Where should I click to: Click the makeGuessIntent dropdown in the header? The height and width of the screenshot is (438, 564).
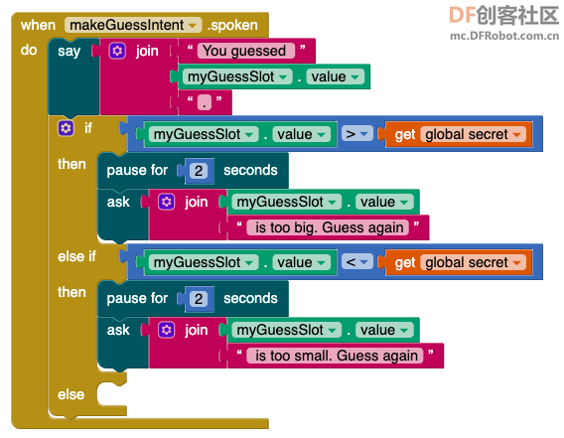point(133,25)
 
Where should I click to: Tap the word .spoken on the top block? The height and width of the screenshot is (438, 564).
point(232,25)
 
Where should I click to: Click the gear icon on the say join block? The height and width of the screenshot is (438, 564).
point(117,51)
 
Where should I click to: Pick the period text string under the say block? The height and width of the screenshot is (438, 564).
point(205,102)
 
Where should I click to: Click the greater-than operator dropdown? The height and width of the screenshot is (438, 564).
point(356,134)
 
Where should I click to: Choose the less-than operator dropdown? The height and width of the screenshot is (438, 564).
point(356,262)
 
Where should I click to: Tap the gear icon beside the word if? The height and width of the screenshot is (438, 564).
point(66,128)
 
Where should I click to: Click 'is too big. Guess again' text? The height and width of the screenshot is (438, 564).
point(328,227)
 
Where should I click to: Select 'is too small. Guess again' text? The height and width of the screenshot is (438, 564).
point(336,356)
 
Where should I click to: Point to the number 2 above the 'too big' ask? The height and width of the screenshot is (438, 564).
point(199,171)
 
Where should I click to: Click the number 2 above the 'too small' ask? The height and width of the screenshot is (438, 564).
point(199,299)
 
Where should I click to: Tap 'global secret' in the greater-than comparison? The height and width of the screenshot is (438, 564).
point(473,134)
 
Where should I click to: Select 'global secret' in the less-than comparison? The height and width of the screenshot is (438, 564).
point(473,262)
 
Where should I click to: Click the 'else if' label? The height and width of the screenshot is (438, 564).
point(76,256)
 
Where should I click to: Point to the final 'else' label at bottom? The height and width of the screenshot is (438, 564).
point(70,394)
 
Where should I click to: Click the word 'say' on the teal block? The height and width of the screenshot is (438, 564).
point(70,51)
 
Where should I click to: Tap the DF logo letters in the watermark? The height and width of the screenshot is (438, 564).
point(463,15)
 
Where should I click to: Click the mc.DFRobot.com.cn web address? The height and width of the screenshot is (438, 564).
point(504,36)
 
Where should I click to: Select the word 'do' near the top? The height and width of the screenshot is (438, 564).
point(29,50)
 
